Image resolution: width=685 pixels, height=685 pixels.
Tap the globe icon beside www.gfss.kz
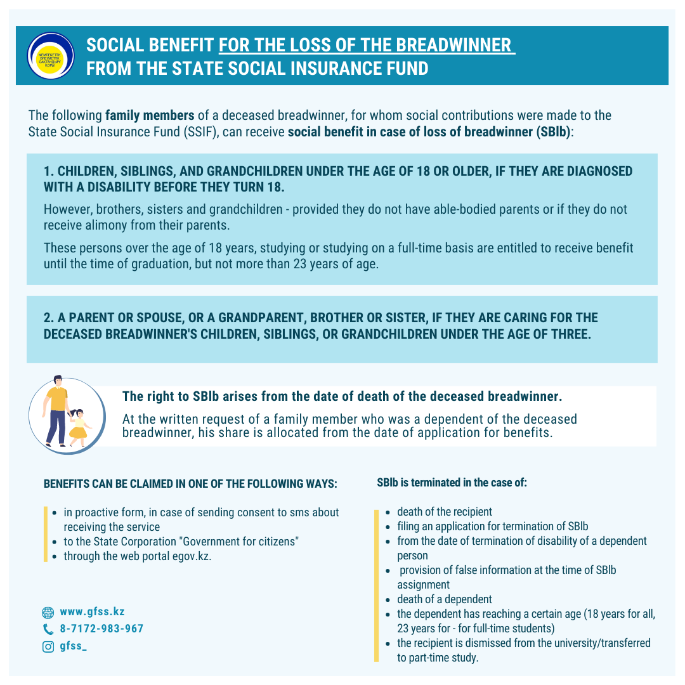point(48,613)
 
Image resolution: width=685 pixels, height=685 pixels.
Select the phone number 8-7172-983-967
point(101,629)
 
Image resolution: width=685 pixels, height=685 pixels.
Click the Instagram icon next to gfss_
point(48,647)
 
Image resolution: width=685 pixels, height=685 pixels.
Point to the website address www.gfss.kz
point(92,612)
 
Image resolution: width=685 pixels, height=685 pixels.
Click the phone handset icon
point(48,629)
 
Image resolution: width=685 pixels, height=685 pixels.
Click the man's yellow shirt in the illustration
point(57,398)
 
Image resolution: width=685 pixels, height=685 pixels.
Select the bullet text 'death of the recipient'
point(444,511)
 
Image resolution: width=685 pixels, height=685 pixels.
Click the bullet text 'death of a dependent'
point(444,599)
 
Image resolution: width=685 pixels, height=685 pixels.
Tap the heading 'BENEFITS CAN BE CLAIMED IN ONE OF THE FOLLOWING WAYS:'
point(190,484)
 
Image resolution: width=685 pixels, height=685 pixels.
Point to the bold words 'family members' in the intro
point(150,116)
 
